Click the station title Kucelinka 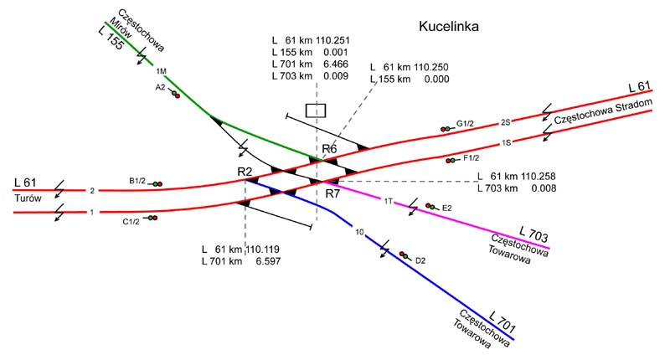(448, 28)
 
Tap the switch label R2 (245, 172)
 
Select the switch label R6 (329, 149)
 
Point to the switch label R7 (332, 193)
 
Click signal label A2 (160, 86)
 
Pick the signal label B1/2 (137, 181)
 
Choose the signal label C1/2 (131, 221)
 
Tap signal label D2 (420, 260)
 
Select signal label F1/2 (471, 157)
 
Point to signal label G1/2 (466, 124)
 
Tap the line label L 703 (533, 232)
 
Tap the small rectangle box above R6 (316, 110)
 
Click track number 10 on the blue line (359, 232)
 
